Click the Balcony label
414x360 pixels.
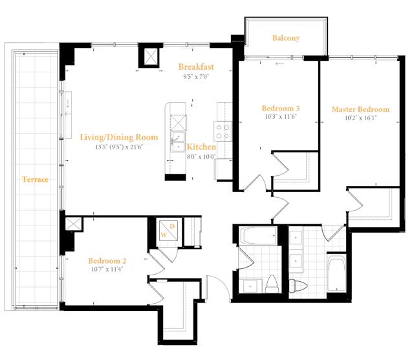click(286, 38)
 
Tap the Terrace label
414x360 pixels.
click(35, 180)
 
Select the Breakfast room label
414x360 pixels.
click(196, 67)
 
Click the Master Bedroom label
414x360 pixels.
click(361, 109)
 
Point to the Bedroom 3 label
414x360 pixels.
click(281, 108)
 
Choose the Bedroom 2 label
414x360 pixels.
click(107, 261)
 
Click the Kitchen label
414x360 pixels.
click(201, 147)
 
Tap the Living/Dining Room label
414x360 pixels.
click(119, 137)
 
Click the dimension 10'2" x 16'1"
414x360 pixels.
click(361, 118)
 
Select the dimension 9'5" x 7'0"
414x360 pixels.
click(196, 77)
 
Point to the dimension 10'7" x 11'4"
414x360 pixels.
click(107, 270)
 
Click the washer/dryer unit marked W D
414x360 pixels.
click(168, 231)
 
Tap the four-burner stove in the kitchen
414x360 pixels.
click(223, 132)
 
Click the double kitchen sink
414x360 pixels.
click(179, 142)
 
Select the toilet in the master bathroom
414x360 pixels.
click(298, 286)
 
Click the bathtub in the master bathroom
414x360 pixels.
click(336, 272)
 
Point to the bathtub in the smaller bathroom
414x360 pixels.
click(258, 235)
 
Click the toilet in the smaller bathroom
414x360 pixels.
click(273, 284)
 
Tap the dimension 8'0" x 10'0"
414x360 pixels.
click(201, 156)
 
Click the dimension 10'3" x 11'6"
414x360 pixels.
click(281, 116)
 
